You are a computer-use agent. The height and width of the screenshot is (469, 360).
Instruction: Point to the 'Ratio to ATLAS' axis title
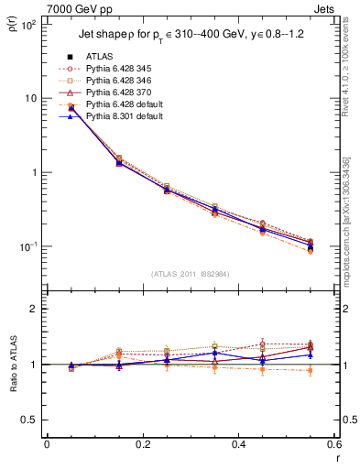(12, 389)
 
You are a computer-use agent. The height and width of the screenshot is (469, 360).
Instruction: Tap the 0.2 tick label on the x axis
(143, 444)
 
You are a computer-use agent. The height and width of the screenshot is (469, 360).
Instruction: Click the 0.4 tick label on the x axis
(238, 444)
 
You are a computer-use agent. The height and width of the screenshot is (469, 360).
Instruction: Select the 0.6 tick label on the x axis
(333, 444)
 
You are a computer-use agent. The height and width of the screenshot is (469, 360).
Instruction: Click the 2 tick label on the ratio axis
(36, 309)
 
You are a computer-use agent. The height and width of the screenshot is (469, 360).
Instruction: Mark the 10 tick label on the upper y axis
(30, 98)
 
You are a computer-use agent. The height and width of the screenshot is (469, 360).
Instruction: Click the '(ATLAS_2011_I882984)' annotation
(191, 273)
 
